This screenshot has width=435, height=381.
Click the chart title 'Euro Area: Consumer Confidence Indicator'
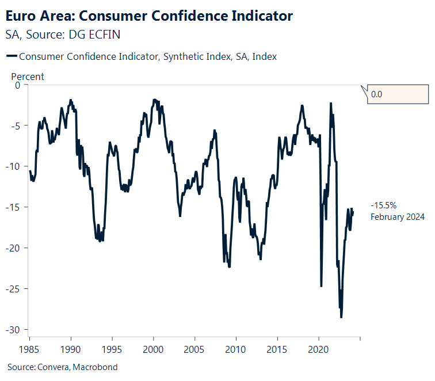tap(149, 16)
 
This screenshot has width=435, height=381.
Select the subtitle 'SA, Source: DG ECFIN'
tap(63, 35)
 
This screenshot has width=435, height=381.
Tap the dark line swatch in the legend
tap(11, 56)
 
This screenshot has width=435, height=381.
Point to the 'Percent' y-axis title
tap(28, 77)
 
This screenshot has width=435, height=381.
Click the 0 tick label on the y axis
tap(17, 85)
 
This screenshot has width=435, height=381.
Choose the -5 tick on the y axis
tap(16, 125)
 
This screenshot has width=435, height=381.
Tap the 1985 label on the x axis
tap(29, 350)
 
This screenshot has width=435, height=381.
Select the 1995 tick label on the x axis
tap(112, 350)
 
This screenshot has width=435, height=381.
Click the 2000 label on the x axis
tap(154, 350)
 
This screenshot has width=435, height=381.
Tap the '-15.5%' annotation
tap(384, 205)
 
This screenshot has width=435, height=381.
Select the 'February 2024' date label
tap(397, 217)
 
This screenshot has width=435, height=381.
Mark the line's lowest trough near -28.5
tap(341, 317)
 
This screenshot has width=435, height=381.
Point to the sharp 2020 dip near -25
tap(321, 286)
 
